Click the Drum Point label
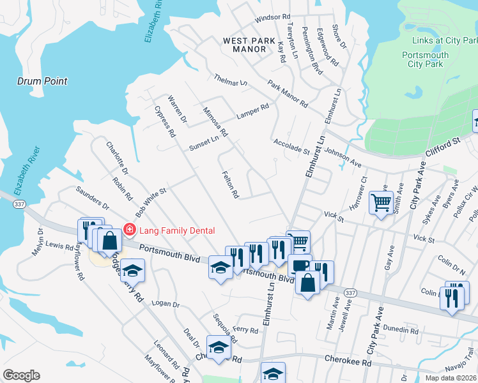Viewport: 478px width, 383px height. pyautogui.click(x=42, y=82)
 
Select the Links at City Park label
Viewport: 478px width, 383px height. pyautogui.click(x=435, y=41)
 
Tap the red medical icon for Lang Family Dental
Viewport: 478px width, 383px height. pyautogui.click(x=129, y=229)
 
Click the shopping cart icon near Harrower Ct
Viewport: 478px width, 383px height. pyautogui.click(x=381, y=204)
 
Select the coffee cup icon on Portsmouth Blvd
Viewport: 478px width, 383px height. pyautogui.click(x=299, y=265)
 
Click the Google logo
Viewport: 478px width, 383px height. pyautogui.click(x=21, y=375)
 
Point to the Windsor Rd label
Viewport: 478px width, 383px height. pyautogui.click(x=273, y=20)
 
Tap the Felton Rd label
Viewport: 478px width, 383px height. pyautogui.click(x=231, y=184)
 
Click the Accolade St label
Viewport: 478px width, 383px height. pyautogui.click(x=291, y=146)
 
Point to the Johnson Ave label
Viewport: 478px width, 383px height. pyautogui.click(x=343, y=158)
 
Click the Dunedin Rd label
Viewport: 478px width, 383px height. pyautogui.click(x=400, y=330)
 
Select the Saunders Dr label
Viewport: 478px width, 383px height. pyautogui.click(x=93, y=198)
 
